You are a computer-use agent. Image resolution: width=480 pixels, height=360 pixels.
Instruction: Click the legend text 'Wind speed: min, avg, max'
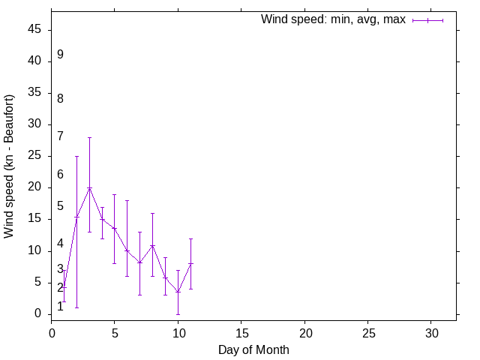tap(333, 19)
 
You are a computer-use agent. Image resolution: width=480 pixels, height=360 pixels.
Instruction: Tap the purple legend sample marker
tap(427, 20)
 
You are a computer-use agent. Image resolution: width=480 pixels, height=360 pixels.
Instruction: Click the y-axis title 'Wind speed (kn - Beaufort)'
tap(10, 166)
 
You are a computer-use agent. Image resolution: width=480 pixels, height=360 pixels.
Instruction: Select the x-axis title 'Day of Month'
tap(253, 349)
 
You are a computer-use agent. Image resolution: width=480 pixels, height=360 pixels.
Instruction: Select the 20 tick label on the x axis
tap(304, 331)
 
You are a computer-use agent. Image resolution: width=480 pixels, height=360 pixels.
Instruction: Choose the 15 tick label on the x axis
tap(241, 331)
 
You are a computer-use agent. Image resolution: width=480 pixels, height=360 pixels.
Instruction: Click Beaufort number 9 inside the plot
tap(60, 55)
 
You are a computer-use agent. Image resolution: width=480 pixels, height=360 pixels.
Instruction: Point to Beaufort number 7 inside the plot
tap(60, 136)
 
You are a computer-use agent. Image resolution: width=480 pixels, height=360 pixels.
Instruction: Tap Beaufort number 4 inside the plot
tap(60, 244)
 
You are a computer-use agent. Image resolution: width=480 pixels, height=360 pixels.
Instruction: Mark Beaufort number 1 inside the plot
tap(60, 306)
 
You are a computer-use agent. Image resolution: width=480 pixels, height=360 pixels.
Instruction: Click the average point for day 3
tap(89, 188)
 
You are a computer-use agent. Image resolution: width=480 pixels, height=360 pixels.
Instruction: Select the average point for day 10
tap(178, 292)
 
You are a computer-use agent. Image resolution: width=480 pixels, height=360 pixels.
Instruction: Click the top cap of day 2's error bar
tap(76, 156)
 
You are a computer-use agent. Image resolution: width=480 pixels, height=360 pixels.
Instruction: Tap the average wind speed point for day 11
tap(190, 263)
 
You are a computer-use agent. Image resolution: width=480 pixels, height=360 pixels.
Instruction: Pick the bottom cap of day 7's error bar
tap(140, 295)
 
